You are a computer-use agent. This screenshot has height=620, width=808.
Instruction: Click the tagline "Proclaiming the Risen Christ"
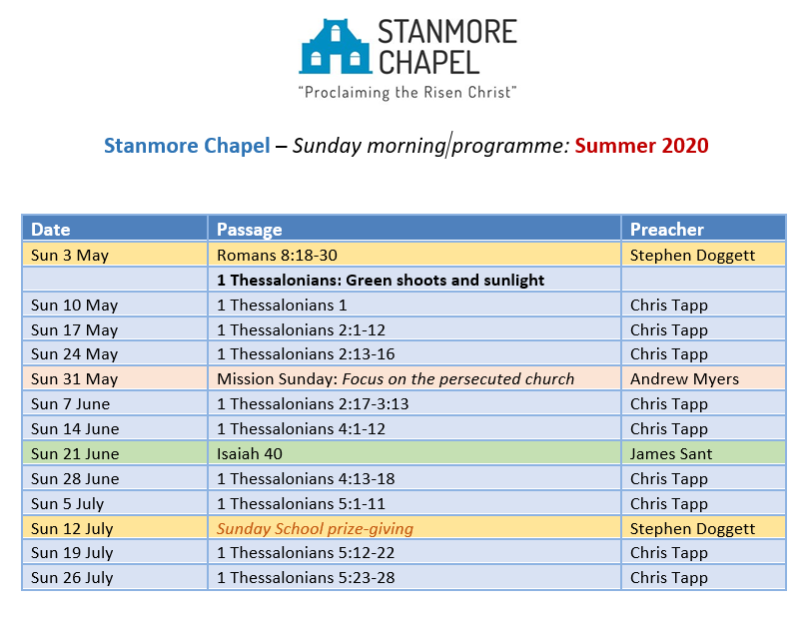[x=407, y=93]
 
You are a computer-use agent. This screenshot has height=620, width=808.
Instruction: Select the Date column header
[x=51, y=230]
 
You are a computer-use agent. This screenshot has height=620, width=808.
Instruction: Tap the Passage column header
[x=250, y=230]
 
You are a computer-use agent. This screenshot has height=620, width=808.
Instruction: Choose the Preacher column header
[x=667, y=230]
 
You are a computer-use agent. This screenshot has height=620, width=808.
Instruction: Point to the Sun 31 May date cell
[x=74, y=379]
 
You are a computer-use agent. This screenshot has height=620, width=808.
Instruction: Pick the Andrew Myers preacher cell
[x=684, y=379]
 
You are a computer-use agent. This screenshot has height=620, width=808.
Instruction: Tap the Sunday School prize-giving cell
[x=315, y=528]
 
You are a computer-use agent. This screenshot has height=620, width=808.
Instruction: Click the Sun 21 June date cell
[x=75, y=453]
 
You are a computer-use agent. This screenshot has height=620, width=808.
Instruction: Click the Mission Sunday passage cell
[x=396, y=379]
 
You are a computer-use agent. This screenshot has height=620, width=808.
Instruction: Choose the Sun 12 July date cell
[x=72, y=528]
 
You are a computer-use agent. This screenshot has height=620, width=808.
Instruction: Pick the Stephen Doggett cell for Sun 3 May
[x=692, y=255]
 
